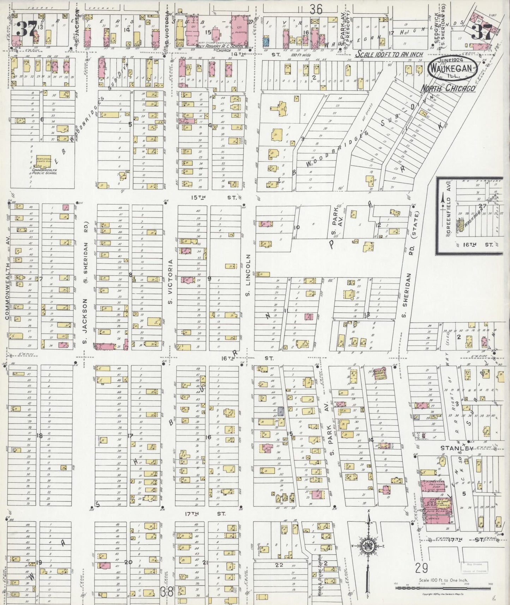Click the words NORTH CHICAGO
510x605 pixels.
pos(448,88)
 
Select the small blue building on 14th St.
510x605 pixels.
pos(267,43)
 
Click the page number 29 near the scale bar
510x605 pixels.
pos(422,568)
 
